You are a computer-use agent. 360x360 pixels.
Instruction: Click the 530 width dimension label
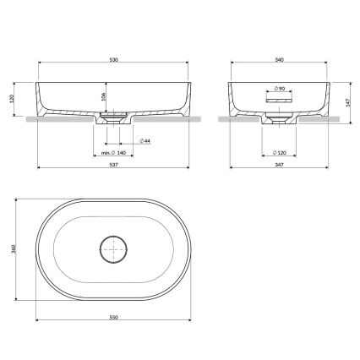[x=113, y=60]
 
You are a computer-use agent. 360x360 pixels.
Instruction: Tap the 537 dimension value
[x=113, y=165]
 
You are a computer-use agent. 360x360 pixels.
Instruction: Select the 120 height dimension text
[x=12, y=99]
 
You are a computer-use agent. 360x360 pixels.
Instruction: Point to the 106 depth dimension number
[x=103, y=96]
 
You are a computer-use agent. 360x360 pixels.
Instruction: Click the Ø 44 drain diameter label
[x=145, y=140]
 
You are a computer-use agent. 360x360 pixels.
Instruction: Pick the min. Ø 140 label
[x=113, y=153]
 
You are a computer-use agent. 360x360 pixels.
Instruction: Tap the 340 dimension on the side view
[x=279, y=60]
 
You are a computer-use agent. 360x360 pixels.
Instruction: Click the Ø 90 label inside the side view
[x=279, y=89]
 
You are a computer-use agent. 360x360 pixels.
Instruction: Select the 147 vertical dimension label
[x=347, y=103]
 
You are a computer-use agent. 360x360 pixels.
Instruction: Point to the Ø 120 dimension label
[x=280, y=153]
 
